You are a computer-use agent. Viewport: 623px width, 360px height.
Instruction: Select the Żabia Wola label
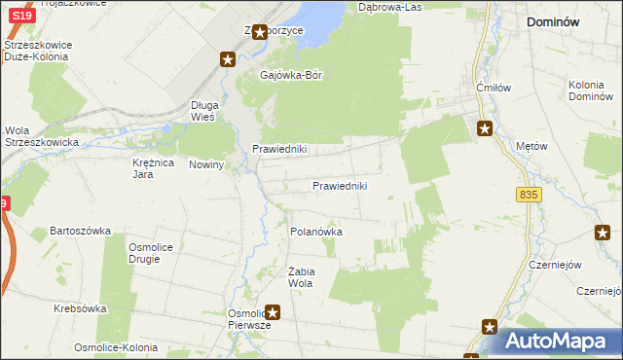point(299,277)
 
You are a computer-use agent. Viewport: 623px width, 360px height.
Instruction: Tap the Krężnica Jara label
point(153,168)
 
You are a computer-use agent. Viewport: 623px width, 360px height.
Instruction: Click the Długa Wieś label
point(208,110)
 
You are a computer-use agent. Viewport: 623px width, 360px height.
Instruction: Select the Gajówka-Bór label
point(291,74)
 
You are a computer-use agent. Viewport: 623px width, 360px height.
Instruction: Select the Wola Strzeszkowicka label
point(30,136)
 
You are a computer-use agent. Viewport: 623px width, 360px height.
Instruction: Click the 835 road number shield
point(529,196)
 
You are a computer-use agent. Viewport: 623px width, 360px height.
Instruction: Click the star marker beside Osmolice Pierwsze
point(274,312)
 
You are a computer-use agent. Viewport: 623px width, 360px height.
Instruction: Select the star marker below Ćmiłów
point(484,127)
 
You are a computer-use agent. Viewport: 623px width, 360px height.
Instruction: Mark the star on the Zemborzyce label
point(260,32)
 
